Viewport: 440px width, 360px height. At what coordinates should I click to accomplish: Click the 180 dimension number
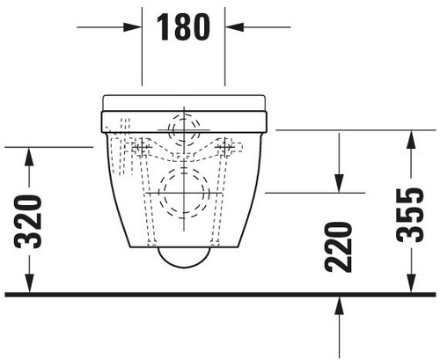[183, 27]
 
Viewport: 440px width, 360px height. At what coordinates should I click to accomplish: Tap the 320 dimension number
[28, 221]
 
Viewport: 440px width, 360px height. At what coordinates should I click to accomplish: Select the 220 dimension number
[338, 247]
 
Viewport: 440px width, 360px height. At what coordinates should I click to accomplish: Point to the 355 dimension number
[410, 215]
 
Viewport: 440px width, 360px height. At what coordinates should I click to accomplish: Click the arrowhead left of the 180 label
[132, 27]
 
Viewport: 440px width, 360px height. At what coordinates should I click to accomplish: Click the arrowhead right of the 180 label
[235, 27]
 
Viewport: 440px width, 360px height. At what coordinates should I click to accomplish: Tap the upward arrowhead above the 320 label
[29, 157]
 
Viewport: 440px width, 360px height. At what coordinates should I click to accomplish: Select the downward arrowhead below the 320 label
[29, 283]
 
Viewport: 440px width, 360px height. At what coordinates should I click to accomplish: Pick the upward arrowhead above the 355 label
[411, 140]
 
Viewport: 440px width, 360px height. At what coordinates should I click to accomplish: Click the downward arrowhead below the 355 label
[411, 283]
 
